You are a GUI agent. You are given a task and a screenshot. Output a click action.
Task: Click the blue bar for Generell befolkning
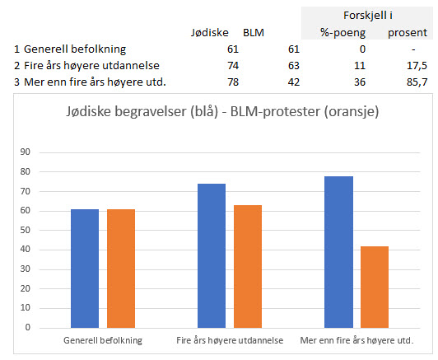[85, 269]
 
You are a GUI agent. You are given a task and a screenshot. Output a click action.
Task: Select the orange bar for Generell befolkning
[121, 269]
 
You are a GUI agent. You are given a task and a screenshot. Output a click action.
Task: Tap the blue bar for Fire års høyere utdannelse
[212, 255]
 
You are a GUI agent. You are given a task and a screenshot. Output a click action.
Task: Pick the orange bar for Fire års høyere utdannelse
[248, 266]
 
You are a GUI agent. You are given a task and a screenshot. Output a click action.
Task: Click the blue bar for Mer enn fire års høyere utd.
[338, 252]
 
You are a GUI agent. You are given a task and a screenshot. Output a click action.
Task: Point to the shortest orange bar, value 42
[375, 287]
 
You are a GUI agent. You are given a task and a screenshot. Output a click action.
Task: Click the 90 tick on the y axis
[25, 152]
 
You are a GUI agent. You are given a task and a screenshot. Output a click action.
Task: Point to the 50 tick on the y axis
[25, 230]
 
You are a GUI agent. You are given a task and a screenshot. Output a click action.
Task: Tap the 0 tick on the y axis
[27, 327]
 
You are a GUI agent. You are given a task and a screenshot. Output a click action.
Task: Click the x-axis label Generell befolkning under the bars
[103, 340]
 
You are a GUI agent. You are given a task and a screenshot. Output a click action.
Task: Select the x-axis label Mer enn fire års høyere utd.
[356, 340]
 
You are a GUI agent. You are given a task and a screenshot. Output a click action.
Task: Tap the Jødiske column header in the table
[209, 33]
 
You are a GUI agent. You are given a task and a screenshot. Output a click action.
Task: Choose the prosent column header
[408, 33]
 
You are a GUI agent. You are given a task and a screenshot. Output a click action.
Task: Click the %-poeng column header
[342, 33]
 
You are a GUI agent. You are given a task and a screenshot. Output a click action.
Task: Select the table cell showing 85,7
[417, 82]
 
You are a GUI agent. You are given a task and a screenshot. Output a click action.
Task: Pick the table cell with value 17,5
[417, 66]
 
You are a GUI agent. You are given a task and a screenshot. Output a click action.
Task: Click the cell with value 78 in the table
[233, 82]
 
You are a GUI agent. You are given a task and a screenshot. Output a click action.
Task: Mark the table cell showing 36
[360, 82]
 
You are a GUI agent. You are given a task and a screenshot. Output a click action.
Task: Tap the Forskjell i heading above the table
[368, 16]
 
